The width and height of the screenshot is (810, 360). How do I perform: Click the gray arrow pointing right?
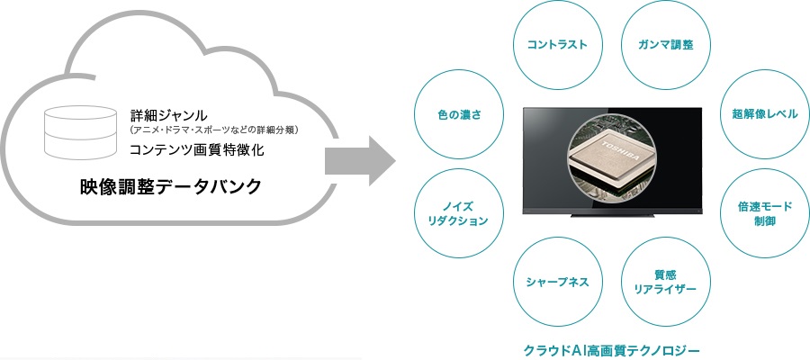[x=359, y=160]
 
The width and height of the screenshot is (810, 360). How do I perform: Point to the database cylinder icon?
[x=80, y=131]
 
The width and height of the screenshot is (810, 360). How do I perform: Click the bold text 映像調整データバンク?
[x=171, y=187]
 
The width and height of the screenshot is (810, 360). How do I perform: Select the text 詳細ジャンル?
[x=169, y=114]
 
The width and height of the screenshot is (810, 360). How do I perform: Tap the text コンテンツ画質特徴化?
[x=197, y=150]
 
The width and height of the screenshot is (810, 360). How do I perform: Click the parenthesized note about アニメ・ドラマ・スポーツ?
[x=214, y=130]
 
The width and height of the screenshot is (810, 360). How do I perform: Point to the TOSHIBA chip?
[x=612, y=156]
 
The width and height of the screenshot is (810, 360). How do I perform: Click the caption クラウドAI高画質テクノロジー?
[x=612, y=349]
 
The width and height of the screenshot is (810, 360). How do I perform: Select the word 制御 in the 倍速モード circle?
[x=764, y=221]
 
